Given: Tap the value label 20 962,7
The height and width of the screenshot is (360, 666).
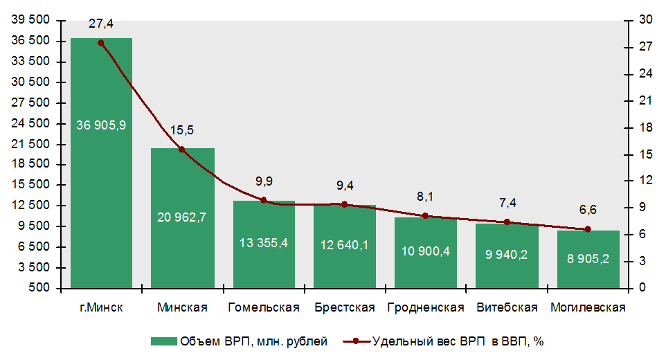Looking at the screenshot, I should pyautogui.click(x=182, y=217).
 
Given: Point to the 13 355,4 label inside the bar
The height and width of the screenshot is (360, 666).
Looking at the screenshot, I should pyautogui.click(x=263, y=244).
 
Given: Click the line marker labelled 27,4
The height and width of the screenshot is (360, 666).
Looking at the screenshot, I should pyautogui.click(x=101, y=43).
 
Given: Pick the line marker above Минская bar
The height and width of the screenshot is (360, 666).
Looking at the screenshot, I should pyautogui.click(x=182, y=150).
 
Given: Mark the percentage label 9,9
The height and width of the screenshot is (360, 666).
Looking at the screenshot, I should pyautogui.click(x=264, y=181).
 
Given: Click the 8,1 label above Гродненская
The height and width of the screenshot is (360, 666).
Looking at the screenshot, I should pyautogui.click(x=425, y=197).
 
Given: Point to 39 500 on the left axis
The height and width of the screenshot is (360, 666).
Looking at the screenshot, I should pyautogui.click(x=31, y=21).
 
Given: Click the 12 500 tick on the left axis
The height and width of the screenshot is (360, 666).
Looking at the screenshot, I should pyautogui.click(x=31, y=206).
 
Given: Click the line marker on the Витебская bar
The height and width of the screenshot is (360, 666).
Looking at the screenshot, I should pyautogui.click(x=507, y=222).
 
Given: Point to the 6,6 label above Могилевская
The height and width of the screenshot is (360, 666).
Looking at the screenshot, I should pyautogui.click(x=588, y=210).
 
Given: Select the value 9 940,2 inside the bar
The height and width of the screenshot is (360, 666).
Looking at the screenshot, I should pyautogui.click(x=507, y=254).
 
